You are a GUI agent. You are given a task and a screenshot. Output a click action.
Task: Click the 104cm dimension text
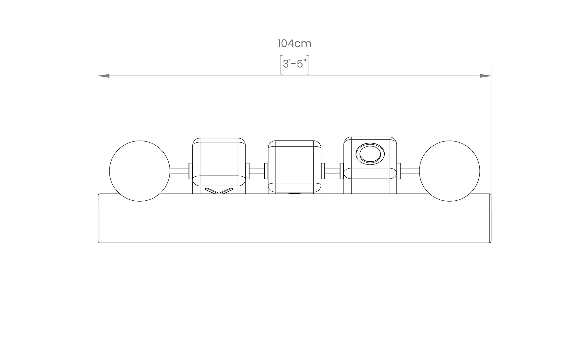[x=294, y=44]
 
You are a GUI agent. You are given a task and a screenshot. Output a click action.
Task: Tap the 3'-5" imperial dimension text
[x=294, y=64]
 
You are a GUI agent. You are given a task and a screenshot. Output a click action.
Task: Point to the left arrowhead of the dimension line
[x=104, y=76]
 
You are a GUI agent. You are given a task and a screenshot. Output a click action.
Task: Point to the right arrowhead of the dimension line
[x=485, y=76]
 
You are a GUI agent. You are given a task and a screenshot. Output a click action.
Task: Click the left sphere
[x=140, y=171]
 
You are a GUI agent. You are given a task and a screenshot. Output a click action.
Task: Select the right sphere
[x=449, y=171]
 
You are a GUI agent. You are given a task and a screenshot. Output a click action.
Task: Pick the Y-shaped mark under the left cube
[x=219, y=191]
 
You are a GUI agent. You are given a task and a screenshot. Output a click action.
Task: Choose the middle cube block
[x=294, y=167]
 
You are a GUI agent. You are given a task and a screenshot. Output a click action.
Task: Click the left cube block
[x=219, y=165]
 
